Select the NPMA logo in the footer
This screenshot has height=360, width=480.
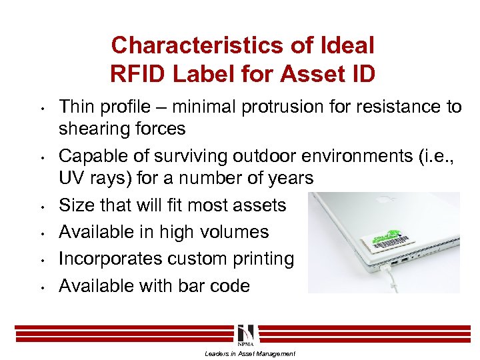[x=244, y=333]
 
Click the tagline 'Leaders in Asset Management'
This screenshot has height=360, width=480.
[x=250, y=354]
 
